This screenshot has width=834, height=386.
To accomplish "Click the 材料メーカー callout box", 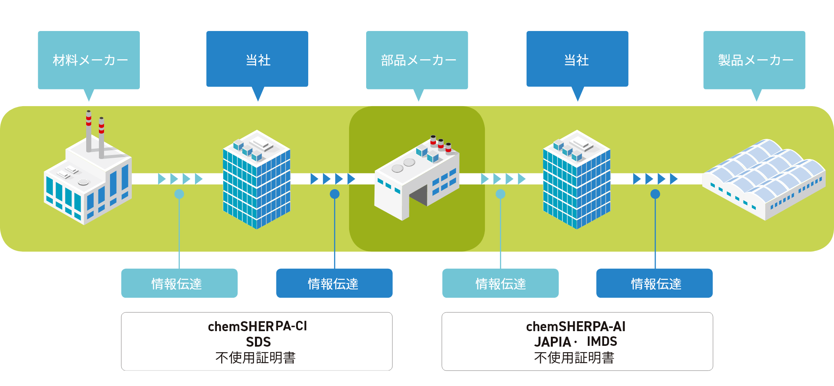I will [x=89, y=60].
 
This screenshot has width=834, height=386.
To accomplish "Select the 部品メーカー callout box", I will [x=417, y=60].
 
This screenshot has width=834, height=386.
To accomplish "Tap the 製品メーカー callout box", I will [x=754, y=60].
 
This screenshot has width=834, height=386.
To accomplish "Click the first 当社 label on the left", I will [x=257, y=60].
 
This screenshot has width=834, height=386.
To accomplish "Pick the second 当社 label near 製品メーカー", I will [x=577, y=60].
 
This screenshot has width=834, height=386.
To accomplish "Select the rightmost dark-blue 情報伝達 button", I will [x=654, y=283].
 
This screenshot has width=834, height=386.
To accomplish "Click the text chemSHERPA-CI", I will [x=257, y=326].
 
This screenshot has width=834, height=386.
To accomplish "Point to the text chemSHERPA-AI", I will [x=575, y=326].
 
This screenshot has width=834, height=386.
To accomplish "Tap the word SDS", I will [x=258, y=342].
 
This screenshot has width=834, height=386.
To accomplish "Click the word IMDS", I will [x=602, y=341].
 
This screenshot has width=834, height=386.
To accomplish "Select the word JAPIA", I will [x=552, y=342].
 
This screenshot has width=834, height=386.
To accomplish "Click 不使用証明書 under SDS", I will [x=255, y=358].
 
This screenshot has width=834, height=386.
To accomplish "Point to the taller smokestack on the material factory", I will [x=89, y=131].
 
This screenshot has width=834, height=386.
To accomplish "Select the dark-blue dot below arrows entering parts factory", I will [x=335, y=194].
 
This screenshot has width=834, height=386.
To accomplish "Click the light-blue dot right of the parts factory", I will [x=500, y=194].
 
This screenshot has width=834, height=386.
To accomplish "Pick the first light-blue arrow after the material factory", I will [x=162, y=179].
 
